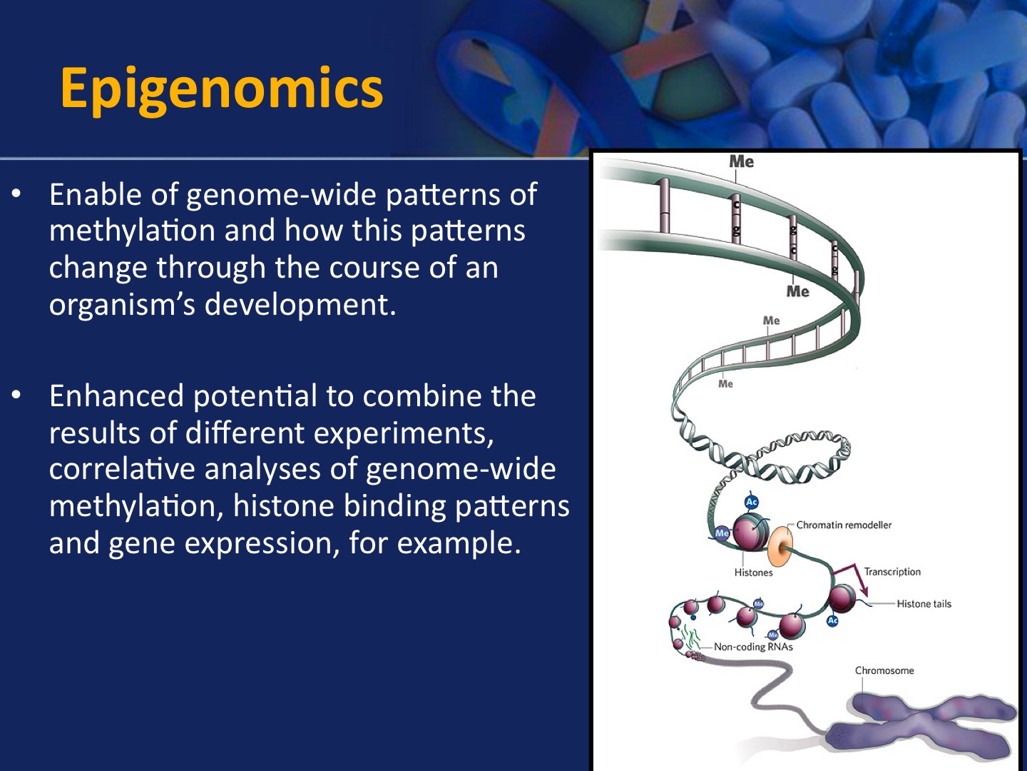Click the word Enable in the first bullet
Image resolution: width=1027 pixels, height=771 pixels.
click(96, 194)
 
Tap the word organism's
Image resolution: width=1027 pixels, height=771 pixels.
click(122, 305)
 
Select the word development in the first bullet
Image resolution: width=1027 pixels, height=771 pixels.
click(300, 305)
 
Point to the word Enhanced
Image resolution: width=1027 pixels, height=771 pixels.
click(116, 396)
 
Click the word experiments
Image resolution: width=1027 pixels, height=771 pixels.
click(403, 433)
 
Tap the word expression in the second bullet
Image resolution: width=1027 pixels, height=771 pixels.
click(258, 544)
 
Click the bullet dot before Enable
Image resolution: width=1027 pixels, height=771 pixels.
click(16, 193)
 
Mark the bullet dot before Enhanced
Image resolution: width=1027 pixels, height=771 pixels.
click(16, 395)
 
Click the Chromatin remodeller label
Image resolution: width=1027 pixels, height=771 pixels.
click(844, 525)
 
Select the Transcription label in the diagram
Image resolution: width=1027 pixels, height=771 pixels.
click(892, 572)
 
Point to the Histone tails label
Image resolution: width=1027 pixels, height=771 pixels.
click(924, 604)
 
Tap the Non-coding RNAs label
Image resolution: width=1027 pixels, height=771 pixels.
click(753, 647)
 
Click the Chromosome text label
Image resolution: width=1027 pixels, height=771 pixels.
click(884, 670)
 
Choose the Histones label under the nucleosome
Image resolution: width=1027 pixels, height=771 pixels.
click(753, 573)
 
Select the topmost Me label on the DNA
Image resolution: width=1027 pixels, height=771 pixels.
click(742, 161)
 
